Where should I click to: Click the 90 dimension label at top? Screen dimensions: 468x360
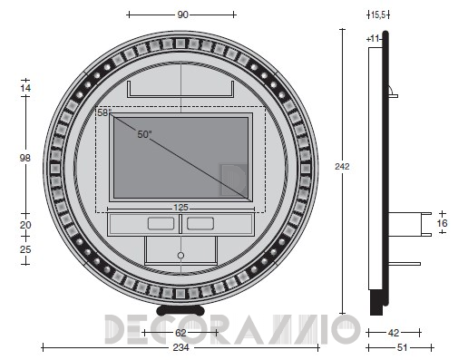(x=182, y=15)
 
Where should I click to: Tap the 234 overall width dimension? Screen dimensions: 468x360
(x=180, y=347)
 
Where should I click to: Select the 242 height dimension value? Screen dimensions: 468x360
(x=342, y=166)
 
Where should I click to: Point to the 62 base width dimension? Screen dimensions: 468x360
(x=180, y=333)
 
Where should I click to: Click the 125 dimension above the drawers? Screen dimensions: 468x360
(x=180, y=208)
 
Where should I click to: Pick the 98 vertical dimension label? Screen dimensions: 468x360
(x=25, y=158)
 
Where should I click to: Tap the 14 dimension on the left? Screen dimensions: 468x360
(x=25, y=88)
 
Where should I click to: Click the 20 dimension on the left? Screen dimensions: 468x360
(x=25, y=225)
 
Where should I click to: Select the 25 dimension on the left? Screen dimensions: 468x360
(x=25, y=249)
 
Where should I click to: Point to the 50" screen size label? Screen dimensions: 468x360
(x=144, y=134)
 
